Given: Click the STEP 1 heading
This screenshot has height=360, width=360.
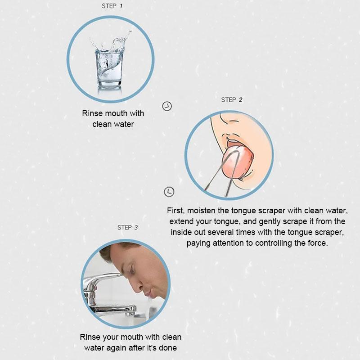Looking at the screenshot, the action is coord(112,6).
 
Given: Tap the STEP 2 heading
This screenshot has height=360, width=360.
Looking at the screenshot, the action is coord(231,100).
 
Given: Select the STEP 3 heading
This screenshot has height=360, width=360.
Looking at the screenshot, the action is coord(127,228).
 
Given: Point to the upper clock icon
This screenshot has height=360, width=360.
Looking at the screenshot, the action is coord(167,106).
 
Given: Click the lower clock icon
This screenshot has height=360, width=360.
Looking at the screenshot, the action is coord(169,192).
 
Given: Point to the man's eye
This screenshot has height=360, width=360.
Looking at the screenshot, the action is coord(133,269).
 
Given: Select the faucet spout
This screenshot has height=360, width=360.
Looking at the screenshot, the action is coord(112,309).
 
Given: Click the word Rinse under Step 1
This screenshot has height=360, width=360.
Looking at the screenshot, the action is coord(92,113).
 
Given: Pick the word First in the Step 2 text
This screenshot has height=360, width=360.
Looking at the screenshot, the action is coord(175,211).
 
